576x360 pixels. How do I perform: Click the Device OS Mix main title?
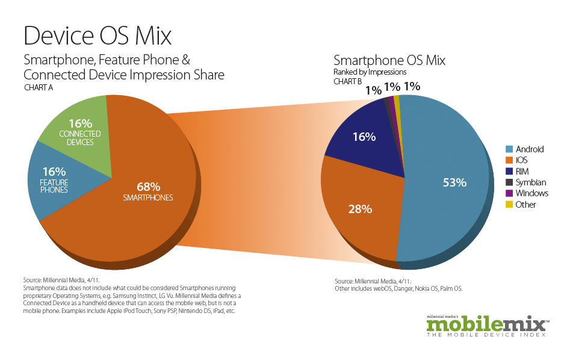(98, 36)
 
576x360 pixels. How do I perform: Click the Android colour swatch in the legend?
(509, 149)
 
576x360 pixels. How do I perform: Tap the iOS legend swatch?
(509, 160)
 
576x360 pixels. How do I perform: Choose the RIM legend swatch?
(509, 172)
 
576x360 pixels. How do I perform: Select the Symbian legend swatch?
(509, 182)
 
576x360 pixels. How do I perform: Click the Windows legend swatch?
(509, 193)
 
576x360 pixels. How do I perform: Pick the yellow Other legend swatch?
(509, 205)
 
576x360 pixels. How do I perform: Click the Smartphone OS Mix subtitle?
(389, 61)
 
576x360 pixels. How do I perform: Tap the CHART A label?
(39, 88)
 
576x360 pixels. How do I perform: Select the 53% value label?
(455, 182)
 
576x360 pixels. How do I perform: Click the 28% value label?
(360, 209)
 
